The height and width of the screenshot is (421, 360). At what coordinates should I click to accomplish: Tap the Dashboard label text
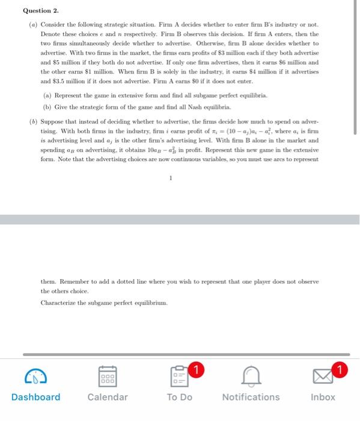tap(35, 397)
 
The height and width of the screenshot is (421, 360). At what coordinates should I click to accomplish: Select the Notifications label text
tap(251, 397)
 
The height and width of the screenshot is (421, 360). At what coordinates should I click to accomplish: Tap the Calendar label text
tap(108, 397)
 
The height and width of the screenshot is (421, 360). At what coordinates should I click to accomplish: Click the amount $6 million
tap(290, 62)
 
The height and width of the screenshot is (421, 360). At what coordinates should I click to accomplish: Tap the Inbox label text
tap(323, 397)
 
